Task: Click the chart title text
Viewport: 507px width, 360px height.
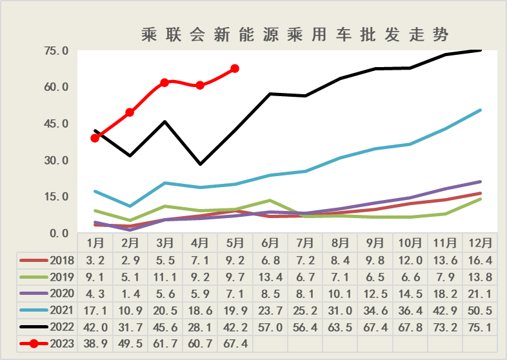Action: click(x=294, y=34)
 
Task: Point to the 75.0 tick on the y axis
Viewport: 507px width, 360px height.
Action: click(x=56, y=50)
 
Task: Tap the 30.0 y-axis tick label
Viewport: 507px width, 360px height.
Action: click(x=56, y=160)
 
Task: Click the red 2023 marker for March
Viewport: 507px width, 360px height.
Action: click(x=164, y=83)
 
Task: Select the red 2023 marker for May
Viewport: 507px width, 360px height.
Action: click(x=235, y=68)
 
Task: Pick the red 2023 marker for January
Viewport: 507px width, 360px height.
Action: click(x=95, y=137)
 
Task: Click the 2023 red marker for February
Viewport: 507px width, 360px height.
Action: click(x=130, y=112)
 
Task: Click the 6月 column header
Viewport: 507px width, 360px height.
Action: click(x=270, y=243)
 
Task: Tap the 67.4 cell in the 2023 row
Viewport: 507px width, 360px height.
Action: click(x=235, y=343)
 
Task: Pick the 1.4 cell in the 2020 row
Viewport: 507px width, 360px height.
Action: click(x=130, y=294)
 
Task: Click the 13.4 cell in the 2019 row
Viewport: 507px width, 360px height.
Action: click(x=270, y=277)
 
